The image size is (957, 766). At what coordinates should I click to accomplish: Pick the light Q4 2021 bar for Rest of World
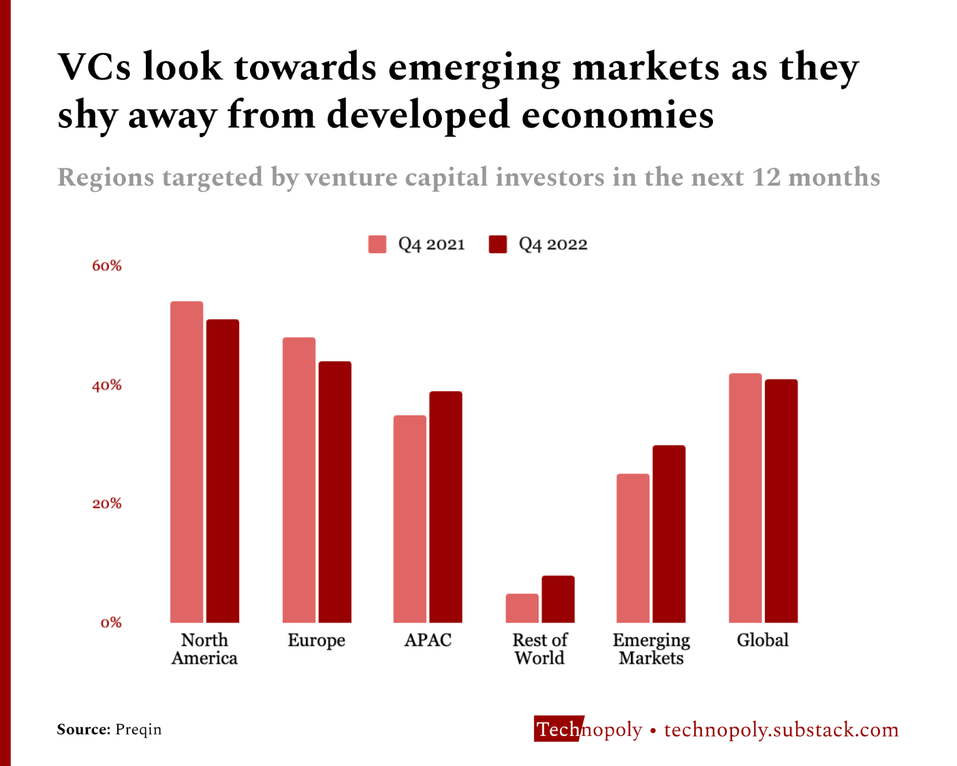tap(522, 608)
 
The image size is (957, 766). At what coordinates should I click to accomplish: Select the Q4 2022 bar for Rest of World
tap(558, 599)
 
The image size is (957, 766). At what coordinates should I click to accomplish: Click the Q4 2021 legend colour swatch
tap(377, 244)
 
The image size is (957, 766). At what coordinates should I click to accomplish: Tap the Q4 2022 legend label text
tap(553, 244)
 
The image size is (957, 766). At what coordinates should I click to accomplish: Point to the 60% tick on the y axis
tap(106, 266)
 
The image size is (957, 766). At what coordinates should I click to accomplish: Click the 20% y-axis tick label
tap(106, 504)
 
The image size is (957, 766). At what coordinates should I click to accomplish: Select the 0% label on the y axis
tap(111, 623)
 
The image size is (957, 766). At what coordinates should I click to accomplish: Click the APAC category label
tap(428, 640)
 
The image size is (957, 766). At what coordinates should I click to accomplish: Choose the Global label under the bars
tap(763, 640)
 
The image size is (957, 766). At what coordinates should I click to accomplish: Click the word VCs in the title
tap(95, 66)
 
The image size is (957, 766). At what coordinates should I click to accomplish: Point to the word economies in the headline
tap(617, 115)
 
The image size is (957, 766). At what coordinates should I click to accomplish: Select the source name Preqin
tap(138, 729)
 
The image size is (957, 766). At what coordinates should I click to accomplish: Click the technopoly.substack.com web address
tap(781, 729)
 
